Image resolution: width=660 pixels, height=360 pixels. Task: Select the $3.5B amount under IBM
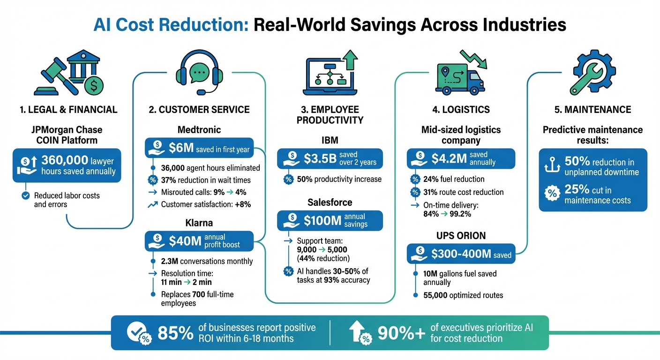[320, 158]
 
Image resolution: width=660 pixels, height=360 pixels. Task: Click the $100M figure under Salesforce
[323, 220]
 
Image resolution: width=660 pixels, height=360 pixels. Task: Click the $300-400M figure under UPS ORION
[461, 255]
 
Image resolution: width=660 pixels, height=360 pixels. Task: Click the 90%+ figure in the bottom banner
[401, 333]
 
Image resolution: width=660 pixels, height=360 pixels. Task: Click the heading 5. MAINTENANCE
[592, 110]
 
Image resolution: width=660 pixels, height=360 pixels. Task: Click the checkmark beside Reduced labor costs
[25, 196]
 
